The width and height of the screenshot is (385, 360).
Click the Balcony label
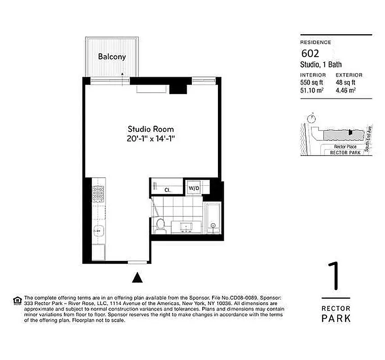point(112,57)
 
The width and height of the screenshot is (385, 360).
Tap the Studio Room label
point(150,129)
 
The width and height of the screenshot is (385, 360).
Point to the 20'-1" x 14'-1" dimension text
point(150,139)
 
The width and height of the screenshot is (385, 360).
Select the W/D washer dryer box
point(194,188)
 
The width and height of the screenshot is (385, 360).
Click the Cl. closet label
point(166,190)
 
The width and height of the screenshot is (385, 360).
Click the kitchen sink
point(98,231)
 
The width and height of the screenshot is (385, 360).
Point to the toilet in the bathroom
point(160,225)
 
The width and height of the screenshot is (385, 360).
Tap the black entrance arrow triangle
point(137,278)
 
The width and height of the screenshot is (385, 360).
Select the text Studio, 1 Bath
point(321,65)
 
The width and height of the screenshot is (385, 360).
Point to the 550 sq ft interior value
point(311,82)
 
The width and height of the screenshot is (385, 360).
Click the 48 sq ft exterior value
point(346,82)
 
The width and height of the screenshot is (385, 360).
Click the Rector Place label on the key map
point(345,147)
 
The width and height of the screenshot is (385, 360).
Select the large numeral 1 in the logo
point(334,277)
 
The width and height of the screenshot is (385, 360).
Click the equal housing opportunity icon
point(17,300)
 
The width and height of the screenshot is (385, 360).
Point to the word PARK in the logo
point(336,319)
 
